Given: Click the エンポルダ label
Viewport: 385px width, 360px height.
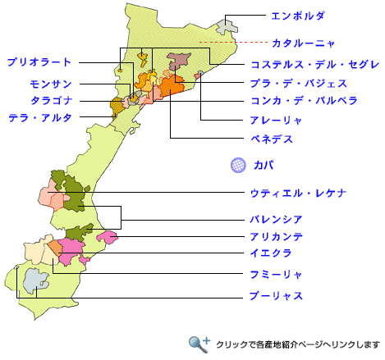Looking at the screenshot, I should pos(298,16).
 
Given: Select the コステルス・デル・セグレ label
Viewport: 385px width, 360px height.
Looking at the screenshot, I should pos(314,64).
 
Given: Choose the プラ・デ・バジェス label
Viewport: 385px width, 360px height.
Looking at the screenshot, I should pos(298,83).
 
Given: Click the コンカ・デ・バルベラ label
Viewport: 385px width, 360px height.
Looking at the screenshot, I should pos(304,102).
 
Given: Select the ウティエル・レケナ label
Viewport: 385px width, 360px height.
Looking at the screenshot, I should pos(298,193).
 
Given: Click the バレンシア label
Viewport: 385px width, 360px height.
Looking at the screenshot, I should pos(277,220).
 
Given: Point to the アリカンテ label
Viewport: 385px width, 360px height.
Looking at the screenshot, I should pos(277,236).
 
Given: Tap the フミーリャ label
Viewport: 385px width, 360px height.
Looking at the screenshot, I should pos(277,273).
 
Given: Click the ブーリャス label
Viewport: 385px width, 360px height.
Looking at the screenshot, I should pos(277,295).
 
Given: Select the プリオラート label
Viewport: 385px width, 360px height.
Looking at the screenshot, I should pos(39,62).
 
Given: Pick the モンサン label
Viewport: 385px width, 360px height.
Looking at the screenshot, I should pos(51,84).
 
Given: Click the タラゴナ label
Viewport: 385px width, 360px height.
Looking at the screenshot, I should pos(51,100).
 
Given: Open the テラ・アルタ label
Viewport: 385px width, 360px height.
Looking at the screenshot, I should pos(40,118).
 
